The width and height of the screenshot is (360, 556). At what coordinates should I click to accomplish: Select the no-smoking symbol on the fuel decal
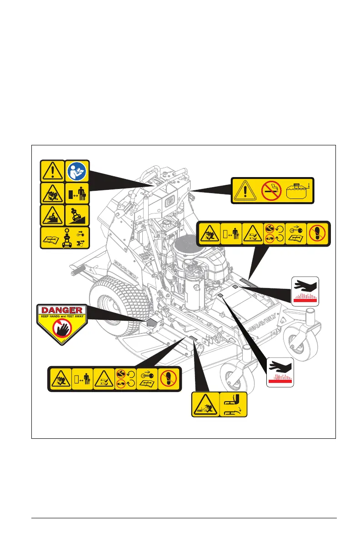272,190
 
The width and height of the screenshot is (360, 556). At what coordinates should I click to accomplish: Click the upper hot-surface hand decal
305,291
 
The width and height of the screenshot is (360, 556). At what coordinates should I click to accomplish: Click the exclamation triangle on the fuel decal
245,190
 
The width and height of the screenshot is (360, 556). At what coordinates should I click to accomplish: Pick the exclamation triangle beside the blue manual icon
52,170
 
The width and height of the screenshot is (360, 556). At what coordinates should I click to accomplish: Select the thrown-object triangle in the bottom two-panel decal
205,404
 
